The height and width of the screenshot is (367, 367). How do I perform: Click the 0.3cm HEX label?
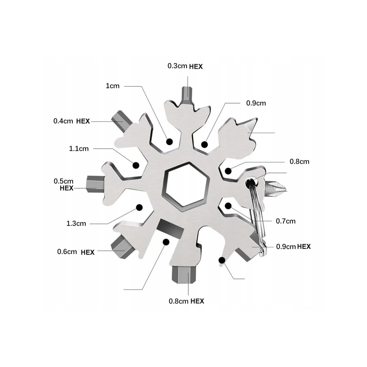click(x=185, y=66)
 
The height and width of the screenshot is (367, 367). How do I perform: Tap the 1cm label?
click(x=113, y=86)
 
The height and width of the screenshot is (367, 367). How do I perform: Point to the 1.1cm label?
click(x=79, y=149)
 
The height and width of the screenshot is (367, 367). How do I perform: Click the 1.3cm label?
click(x=76, y=224)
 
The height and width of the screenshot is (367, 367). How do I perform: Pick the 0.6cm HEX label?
click(x=76, y=252)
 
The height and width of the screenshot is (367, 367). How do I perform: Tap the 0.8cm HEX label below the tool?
click(x=186, y=301)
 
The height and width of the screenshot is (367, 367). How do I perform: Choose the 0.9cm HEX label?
click(x=293, y=247)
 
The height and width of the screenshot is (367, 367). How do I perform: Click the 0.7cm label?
click(x=285, y=221)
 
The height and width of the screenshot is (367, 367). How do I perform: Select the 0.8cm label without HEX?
click(x=299, y=162)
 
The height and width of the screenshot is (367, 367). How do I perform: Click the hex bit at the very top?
click(x=188, y=95)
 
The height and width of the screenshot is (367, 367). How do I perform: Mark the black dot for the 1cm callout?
click(x=169, y=141)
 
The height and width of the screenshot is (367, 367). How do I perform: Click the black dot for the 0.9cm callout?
click(x=205, y=145)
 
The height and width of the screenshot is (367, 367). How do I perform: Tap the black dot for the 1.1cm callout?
click(x=136, y=165)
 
